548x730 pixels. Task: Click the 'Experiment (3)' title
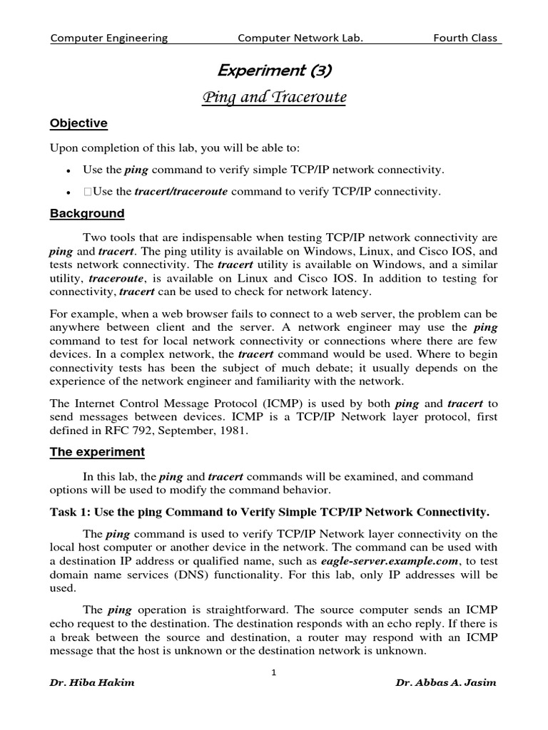pyautogui.click(x=274, y=70)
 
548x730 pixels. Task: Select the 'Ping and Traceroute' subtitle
pyautogui.click(x=274, y=97)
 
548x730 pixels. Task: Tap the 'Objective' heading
pyautogui.click(x=78, y=123)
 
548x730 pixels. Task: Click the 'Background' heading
pyautogui.click(x=86, y=214)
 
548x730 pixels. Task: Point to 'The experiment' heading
pyautogui.click(x=96, y=452)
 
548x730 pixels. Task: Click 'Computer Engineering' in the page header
pyautogui.click(x=109, y=38)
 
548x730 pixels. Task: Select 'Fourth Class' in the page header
pyautogui.click(x=465, y=38)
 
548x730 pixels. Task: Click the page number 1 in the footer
pyautogui.click(x=274, y=671)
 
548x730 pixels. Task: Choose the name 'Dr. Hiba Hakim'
pyautogui.click(x=92, y=682)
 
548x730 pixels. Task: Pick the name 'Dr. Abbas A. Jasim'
pyautogui.click(x=446, y=682)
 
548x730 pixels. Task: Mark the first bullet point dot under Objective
pyautogui.click(x=66, y=170)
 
